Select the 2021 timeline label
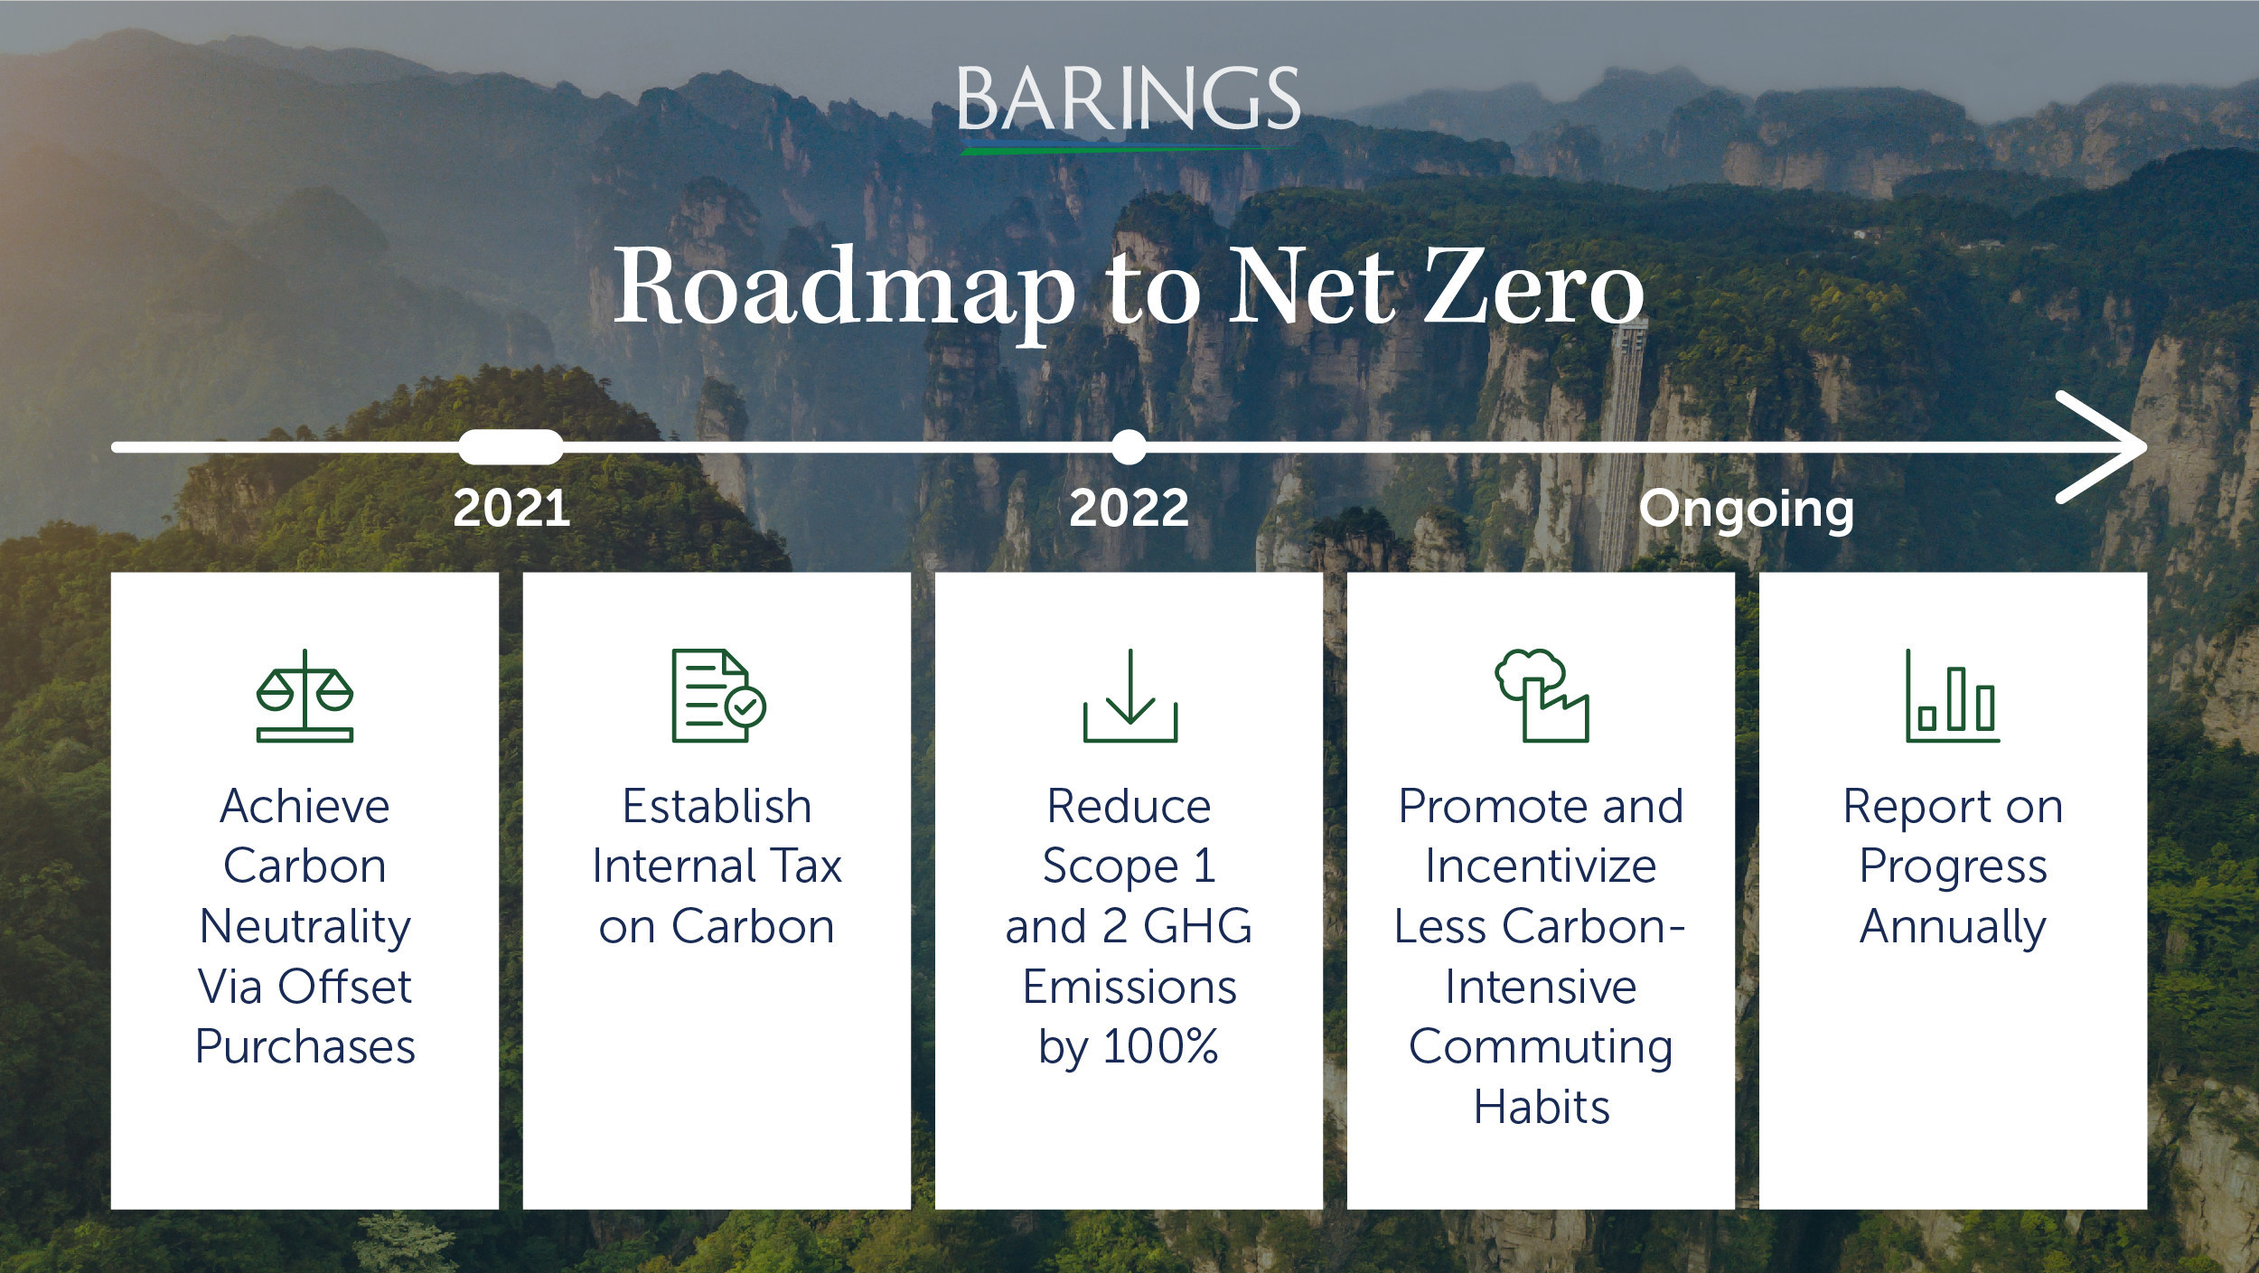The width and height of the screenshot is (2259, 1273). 511,508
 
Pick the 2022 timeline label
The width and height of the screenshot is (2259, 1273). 1129,508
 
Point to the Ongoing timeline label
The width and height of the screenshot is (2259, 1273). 1747,511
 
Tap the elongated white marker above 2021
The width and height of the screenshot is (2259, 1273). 511,447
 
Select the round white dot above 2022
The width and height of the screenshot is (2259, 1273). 1129,447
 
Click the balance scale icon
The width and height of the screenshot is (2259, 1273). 305,696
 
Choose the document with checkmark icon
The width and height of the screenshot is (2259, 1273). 718,696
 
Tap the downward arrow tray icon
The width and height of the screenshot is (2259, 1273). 1129,696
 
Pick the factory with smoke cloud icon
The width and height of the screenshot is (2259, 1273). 1542,696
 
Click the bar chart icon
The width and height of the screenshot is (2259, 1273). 1953,696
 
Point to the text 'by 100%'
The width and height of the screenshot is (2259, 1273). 1129,1049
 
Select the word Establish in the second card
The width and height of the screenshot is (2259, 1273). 717,806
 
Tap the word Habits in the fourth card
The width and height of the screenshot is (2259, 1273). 1542,1107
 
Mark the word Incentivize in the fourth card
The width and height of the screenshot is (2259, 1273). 1541,866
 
